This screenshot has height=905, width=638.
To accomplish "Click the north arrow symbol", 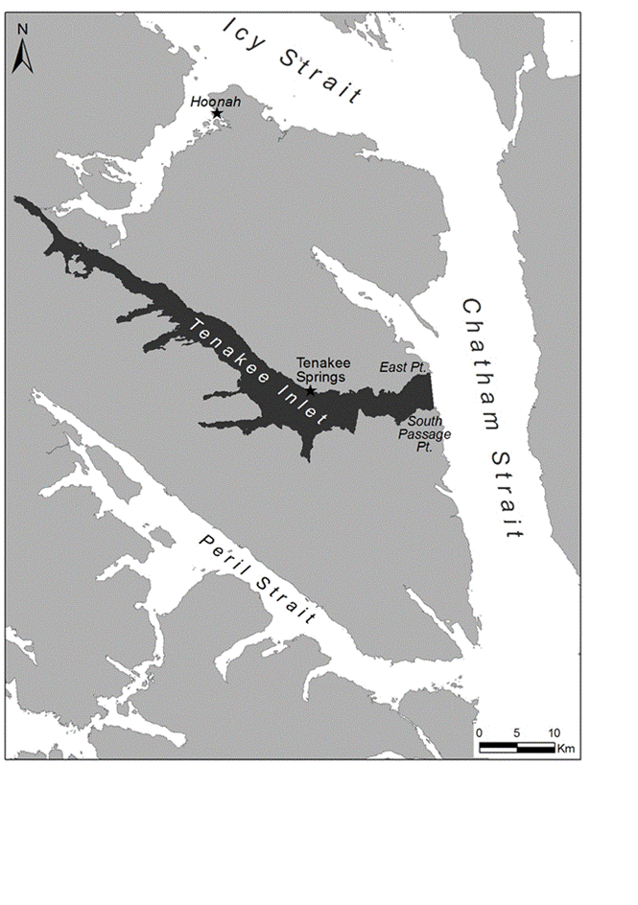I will (x=23, y=57).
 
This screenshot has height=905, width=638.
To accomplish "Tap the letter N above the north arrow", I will (x=23, y=31).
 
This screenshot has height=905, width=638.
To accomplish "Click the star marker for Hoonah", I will (x=217, y=113).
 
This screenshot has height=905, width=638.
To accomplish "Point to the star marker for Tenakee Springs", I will (x=310, y=391).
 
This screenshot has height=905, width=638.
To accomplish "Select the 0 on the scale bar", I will (x=479, y=733).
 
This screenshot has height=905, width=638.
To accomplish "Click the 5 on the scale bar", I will (x=516, y=733).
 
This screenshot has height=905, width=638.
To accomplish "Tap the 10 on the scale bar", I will (x=554, y=733).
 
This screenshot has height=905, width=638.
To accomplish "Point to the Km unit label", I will (x=566, y=748).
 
